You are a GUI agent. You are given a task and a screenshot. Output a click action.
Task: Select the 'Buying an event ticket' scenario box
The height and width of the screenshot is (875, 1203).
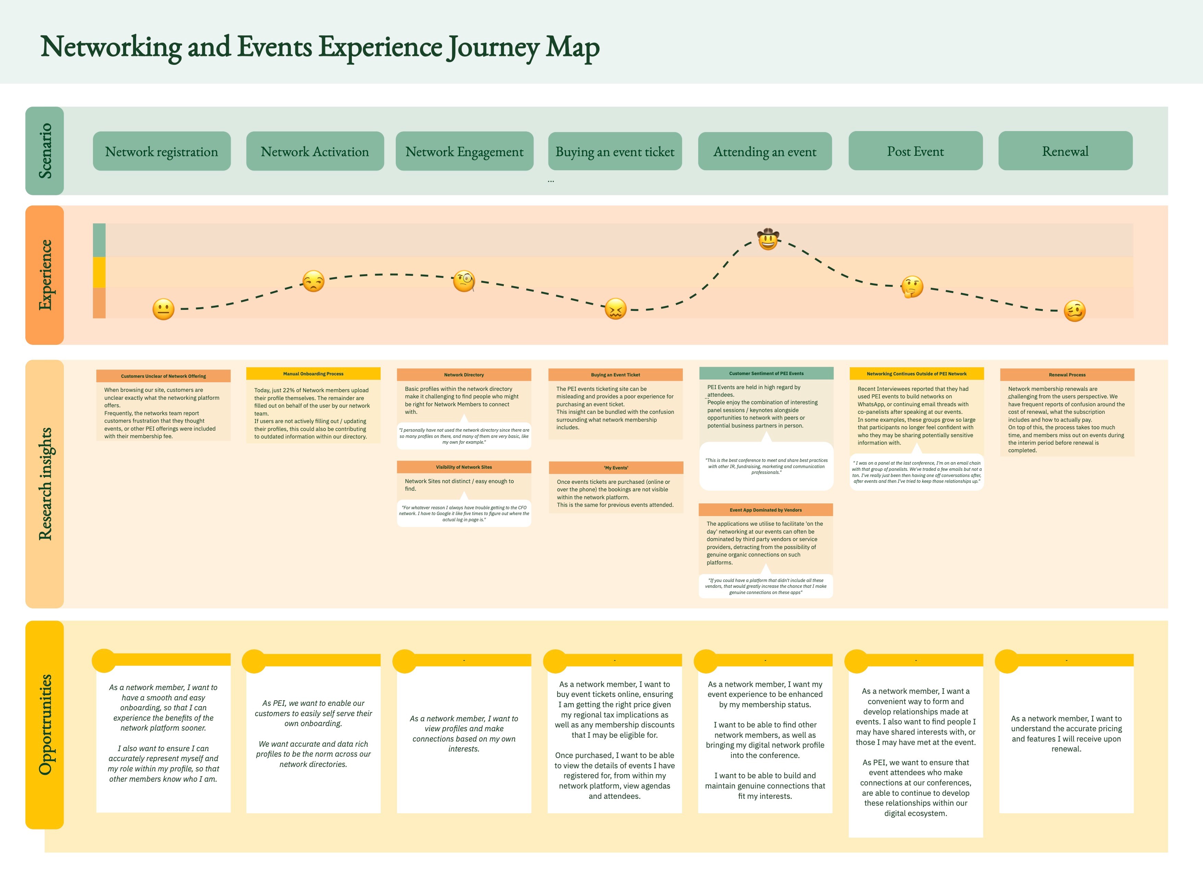click(615, 151)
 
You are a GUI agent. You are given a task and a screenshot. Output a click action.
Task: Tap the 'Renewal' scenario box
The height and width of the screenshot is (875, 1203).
click(1065, 151)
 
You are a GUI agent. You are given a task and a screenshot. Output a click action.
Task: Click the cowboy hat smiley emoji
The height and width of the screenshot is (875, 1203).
click(767, 239)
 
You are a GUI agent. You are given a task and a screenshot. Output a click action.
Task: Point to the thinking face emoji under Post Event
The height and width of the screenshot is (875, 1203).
click(912, 287)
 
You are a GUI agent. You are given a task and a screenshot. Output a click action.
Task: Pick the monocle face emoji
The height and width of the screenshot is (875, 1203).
click(464, 281)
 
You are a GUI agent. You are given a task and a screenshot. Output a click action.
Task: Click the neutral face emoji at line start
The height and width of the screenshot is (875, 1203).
click(163, 309)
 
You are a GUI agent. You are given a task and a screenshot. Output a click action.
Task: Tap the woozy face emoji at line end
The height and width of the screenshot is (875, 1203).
click(1075, 311)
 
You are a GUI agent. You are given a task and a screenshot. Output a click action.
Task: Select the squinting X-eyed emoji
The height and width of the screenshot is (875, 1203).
click(615, 309)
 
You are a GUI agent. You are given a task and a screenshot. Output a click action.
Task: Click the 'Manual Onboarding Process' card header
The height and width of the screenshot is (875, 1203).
click(313, 374)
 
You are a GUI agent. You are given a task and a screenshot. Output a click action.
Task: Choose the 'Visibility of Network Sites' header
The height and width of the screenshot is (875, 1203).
click(464, 467)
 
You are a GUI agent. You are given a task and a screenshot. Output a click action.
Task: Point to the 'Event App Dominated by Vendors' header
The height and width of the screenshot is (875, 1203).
click(765, 510)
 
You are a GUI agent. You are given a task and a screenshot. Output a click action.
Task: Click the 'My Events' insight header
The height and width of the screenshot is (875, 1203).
click(616, 467)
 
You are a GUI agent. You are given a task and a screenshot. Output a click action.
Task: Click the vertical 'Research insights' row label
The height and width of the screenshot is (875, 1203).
click(45, 483)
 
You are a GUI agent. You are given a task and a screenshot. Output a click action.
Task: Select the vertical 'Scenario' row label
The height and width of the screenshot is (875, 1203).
click(45, 151)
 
